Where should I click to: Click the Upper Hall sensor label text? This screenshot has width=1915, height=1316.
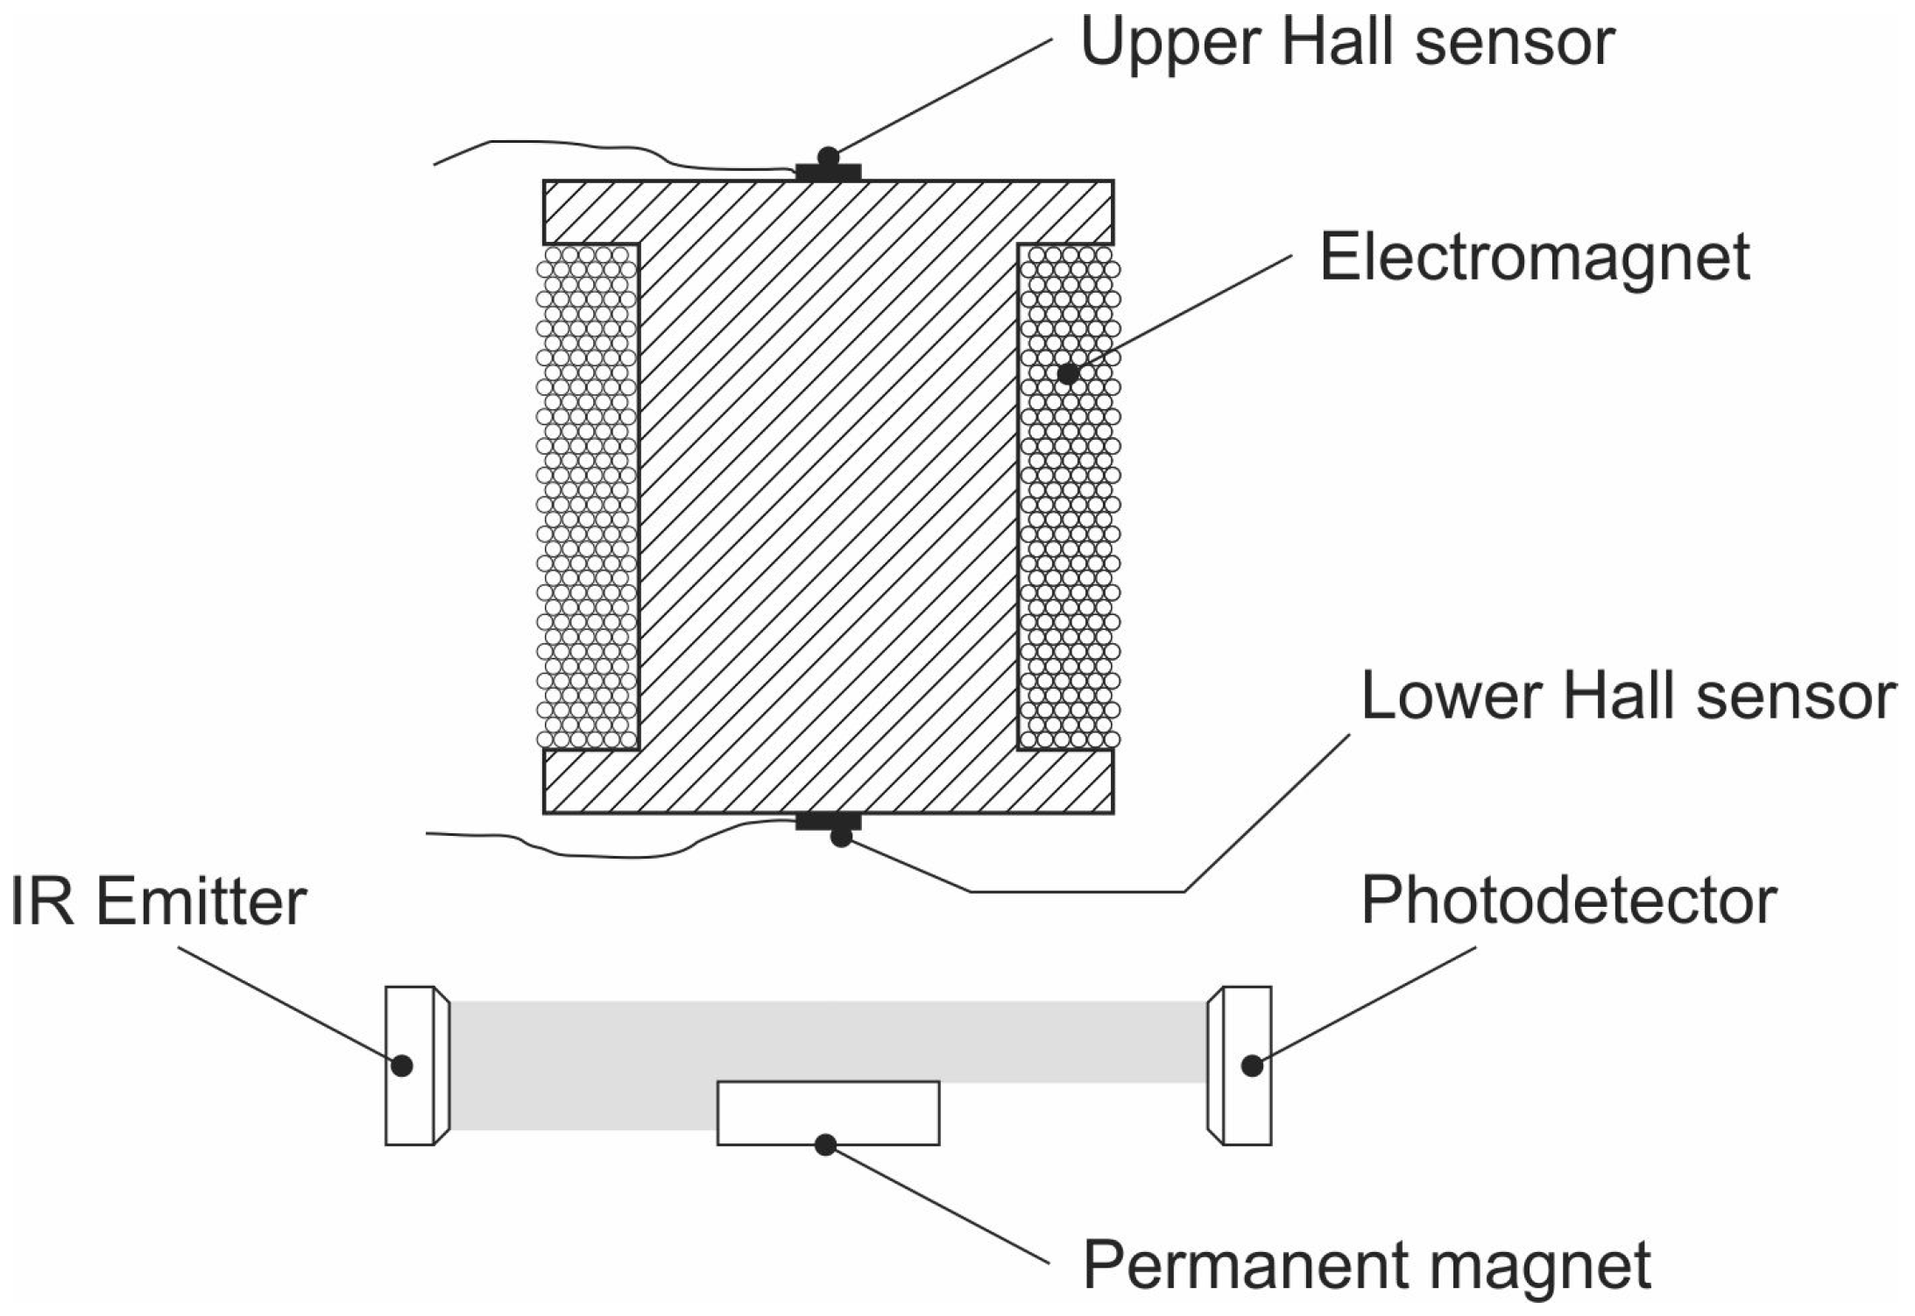pyautogui.click(x=1346, y=41)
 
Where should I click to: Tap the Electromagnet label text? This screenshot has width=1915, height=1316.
pyautogui.click(x=1534, y=258)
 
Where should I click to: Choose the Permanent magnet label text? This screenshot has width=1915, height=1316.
pyautogui.click(x=1367, y=1265)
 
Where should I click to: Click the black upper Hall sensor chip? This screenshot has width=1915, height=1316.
pyautogui.click(x=828, y=172)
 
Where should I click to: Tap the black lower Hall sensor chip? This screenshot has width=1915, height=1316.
pyautogui.click(x=828, y=822)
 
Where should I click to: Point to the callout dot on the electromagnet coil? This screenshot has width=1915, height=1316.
pyautogui.click(x=1068, y=374)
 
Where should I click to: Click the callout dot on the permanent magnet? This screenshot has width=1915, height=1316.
pyautogui.click(x=825, y=1144)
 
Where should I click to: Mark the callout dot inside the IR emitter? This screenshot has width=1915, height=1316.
pyautogui.click(x=402, y=1065)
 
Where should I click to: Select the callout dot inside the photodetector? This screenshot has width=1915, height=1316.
pyautogui.click(x=1252, y=1065)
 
